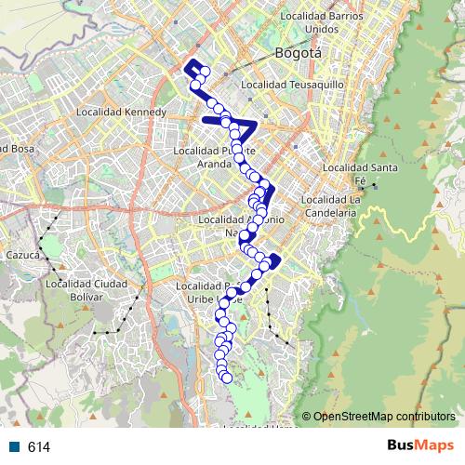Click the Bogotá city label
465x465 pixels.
pyautogui.click(x=299, y=54)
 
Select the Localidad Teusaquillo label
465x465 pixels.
pyautogui.click(x=293, y=84)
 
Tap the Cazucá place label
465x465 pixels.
pyautogui.click(x=20, y=254)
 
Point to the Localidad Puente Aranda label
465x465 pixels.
pyautogui.click(x=215, y=155)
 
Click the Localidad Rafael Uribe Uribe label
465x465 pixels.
pyautogui.click(x=216, y=292)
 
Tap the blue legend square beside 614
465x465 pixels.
pyautogui.click(x=16, y=447)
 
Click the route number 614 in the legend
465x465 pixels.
pyautogui.click(x=39, y=447)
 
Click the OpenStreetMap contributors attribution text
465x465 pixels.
pyautogui.click(x=384, y=417)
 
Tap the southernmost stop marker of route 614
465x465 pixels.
pyautogui.click(x=226, y=377)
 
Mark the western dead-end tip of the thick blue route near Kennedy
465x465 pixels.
pyautogui.click(x=204, y=119)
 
